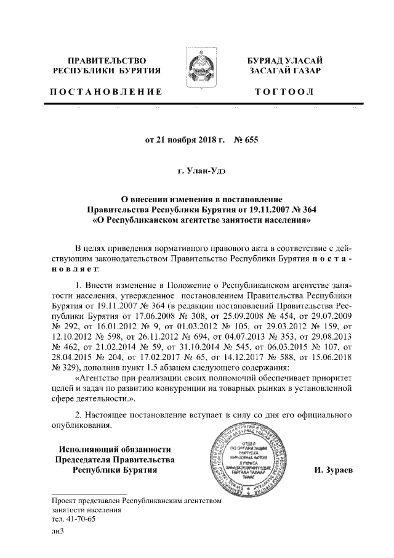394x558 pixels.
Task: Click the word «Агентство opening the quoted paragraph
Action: [100, 378]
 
